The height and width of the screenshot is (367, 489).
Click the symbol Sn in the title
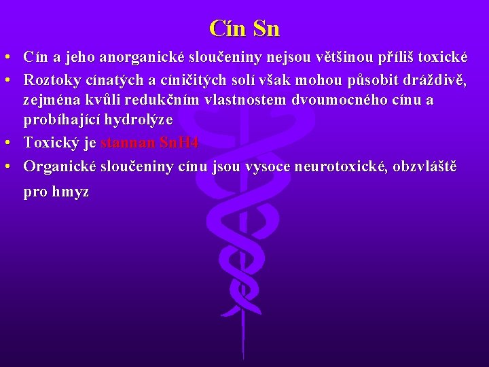[266, 29]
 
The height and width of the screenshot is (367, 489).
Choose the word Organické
[60, 165]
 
